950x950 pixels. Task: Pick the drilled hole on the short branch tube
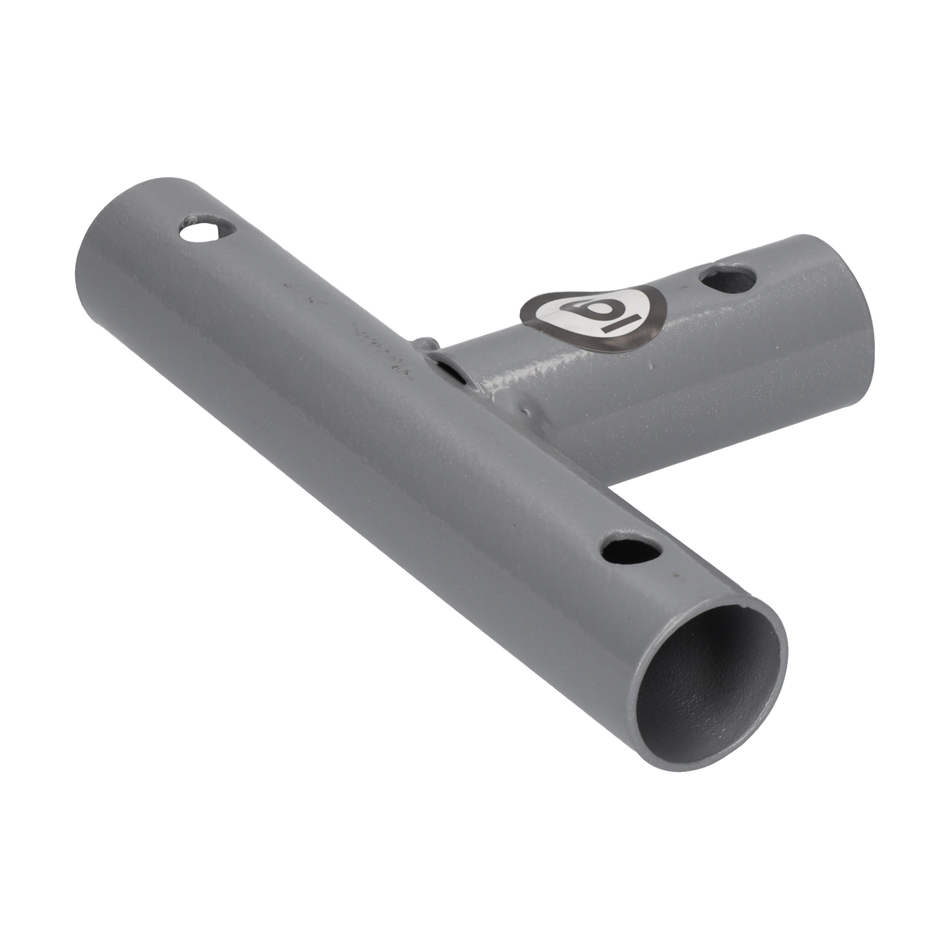pyautogui.click(x=729, y=280)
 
